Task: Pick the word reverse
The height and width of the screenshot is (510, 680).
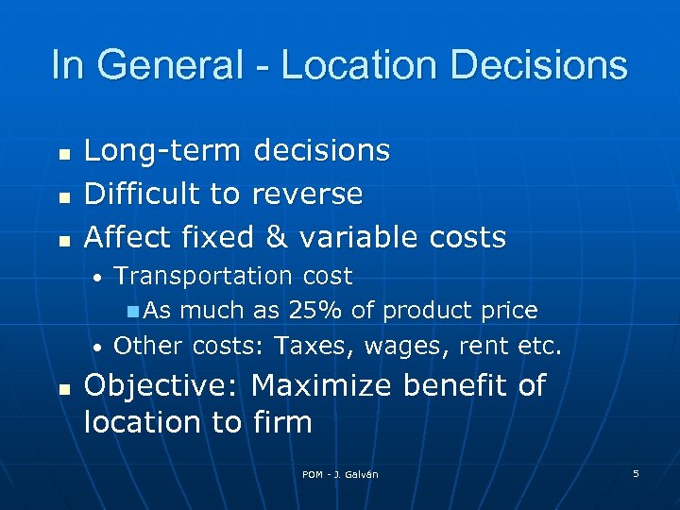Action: coord(307,194)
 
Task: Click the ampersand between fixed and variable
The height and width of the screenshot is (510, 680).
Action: coord(276,236)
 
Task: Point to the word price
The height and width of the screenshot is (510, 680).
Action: coord(507,310)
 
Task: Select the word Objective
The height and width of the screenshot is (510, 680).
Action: coord(164,386)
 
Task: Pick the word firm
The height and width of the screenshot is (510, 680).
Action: coord(282,421)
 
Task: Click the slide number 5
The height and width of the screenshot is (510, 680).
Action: coord(636,473)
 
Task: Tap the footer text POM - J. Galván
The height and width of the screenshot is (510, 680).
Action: coord(340,474)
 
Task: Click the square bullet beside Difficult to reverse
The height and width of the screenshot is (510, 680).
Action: coord(63,195)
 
